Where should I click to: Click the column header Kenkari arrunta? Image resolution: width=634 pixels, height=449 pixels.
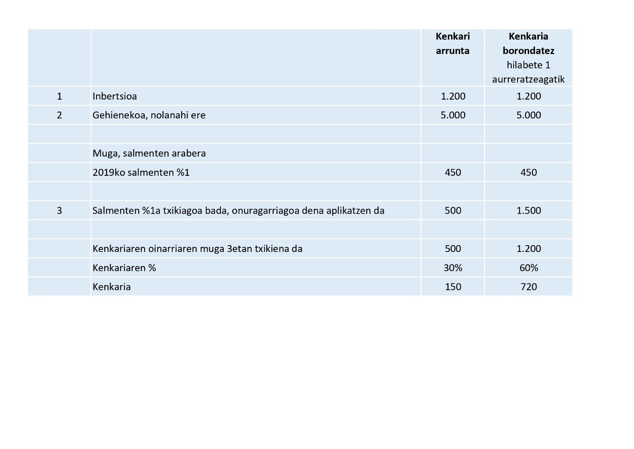click(x=452, y=43)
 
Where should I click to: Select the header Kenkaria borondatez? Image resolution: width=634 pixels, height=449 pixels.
click(x=528, y=43)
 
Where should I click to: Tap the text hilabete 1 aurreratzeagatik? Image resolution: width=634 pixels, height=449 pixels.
click(x=528, y=72)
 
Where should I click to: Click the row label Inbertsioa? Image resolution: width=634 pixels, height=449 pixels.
click(x=115, y=96)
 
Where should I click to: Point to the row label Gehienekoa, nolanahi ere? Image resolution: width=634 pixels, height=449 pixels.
click(x=149, y=115)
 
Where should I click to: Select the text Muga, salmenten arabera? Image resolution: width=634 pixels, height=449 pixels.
click(x=149, y=153)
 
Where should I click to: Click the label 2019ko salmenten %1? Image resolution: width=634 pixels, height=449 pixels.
click(x=141, y=172)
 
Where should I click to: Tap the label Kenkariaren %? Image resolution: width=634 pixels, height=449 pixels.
click(x=124, y=268)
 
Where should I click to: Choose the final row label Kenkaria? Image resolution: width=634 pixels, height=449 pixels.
click(x=111, y=287)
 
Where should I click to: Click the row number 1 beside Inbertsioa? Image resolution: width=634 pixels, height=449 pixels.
click(x=60, y=96)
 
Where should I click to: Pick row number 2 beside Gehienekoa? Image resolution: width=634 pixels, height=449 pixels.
click(x=60, y=115)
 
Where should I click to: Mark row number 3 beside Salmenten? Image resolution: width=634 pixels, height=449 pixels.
click(x=60, y=211)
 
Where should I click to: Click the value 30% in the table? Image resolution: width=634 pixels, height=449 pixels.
click(x=453, y=268)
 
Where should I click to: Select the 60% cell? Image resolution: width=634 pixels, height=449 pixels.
click(x=529, y=268)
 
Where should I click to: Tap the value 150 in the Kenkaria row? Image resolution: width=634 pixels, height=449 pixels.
click(x=453, y=287)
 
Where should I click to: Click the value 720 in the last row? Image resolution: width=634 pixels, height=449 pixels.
click(x=529, y=287)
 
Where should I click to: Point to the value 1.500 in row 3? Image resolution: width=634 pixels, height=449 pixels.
click(x=529, y=211)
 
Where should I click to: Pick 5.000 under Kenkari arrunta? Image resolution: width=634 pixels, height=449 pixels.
click(x=453, y=115)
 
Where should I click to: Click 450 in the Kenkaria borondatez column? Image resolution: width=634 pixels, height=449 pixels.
click(x=529, y=172)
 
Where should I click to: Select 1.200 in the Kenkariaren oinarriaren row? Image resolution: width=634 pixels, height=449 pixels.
click(x=529, y=249)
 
